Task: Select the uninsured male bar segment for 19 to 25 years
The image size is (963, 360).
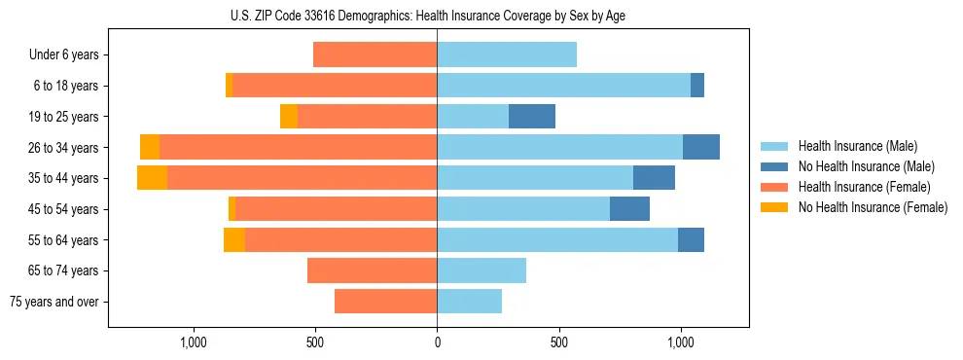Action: [532, 117]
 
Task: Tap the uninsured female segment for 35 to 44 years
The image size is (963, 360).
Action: [152, 178]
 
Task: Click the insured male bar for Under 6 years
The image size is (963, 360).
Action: [507, 54]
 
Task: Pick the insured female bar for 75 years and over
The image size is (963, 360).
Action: [385, 302]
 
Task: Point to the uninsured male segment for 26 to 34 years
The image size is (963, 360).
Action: [701, 148]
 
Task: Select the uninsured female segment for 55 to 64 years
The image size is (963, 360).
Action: [234, 240]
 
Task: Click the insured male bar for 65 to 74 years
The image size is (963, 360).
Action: [481, 270]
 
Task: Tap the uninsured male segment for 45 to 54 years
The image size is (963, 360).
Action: [629, 209]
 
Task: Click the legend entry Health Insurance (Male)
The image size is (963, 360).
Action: [857, 146]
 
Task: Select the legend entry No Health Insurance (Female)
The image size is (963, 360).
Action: [873, 207]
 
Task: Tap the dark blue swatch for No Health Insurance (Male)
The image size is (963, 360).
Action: [775, 166]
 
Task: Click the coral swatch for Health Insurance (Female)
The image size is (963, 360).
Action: [775, 187]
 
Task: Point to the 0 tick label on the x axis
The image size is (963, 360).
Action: [437, 342]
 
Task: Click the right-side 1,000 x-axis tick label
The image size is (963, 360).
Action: [680, 342]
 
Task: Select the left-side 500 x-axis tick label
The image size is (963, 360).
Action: [315, 342]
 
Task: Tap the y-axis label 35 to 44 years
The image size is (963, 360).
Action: [63, 178]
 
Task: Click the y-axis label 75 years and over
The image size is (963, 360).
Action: [54, 302]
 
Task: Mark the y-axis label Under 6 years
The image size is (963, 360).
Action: [64, 55]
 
